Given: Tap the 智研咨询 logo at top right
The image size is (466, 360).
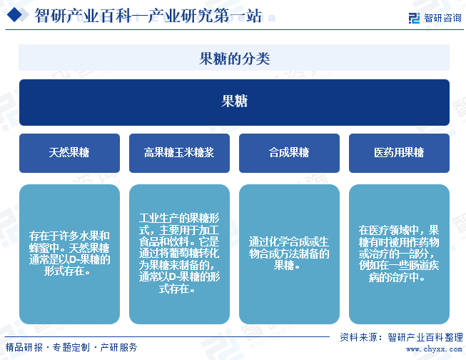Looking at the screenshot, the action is pyautogui.click(x=435, y=18).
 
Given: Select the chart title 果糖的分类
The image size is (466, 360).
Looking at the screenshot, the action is pyautogui.click(x=234, y=59).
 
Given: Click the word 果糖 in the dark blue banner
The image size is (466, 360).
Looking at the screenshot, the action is pyautogui.click(x=234, y=101).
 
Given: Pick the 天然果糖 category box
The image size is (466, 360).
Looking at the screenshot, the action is pyautogui.click(x=69, y=153).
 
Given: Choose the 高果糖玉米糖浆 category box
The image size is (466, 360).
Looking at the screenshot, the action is pyautogui.click(x=179, y=153).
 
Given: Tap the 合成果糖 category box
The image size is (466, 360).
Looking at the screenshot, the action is pyautogui.click(x=289, y=153).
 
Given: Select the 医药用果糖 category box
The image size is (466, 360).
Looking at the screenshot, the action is pyautogui.click(x=399, y=153).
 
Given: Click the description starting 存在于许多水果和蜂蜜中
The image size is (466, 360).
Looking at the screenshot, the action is pyautogui.click(x=69, y=254).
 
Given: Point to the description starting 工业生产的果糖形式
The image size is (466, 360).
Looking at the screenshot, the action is pyautogui.click(x=179, y=254).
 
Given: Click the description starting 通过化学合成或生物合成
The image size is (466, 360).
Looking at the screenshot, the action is pyautogui.click(x=289, y=254).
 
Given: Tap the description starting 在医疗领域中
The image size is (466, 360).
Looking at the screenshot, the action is pyautogui.click(x=399, y=254).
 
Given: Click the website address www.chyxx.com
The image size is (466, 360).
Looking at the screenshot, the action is pyautogui.click(x=434, y=349).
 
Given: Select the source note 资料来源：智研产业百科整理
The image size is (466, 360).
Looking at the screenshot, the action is pyautogui.click(x=402, y=337).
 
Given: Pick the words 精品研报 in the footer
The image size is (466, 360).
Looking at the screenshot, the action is pyautogui.click(x=24, y=347).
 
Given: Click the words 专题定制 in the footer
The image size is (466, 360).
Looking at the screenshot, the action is pyautogui.click(x=71, y=347).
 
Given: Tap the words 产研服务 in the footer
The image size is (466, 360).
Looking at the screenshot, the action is pyautogui.click(x=118, y=347).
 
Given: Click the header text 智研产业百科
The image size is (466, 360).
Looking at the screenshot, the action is pyautogui.click(x=83, y=16).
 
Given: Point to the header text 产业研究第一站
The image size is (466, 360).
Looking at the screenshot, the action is pyautogui.click(x=205, y=16).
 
